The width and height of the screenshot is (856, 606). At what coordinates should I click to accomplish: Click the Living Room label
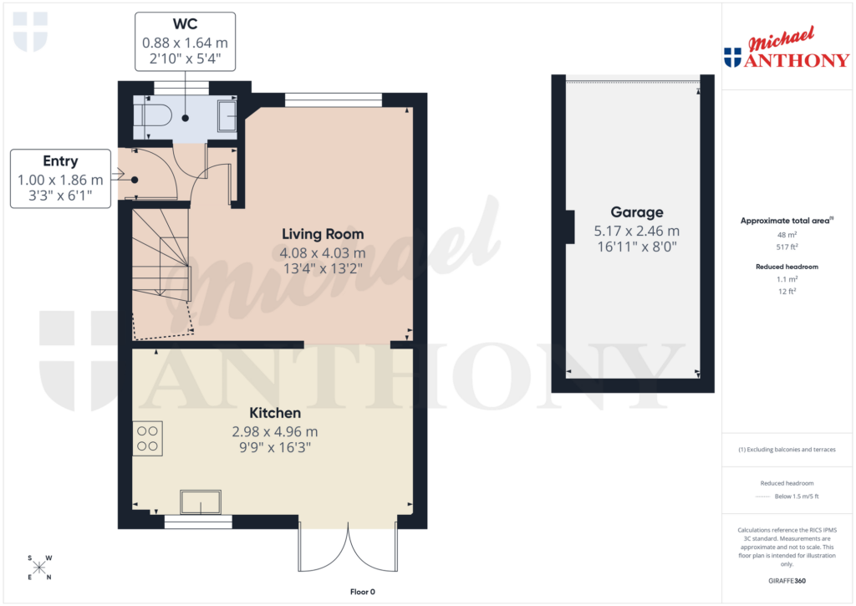[x=323, y=234]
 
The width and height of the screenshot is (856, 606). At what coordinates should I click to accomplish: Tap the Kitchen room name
[x=275, y=413]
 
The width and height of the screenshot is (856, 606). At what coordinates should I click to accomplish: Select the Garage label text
[x=636, y=212]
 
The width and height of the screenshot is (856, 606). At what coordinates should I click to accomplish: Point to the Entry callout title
[x=60, y=161]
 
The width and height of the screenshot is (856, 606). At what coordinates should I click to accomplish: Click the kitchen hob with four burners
[x=147, y=439]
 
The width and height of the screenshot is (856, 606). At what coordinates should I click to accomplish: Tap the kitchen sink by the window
[x=201, y=502]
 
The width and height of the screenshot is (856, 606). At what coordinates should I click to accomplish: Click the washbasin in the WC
[x=227, y=115]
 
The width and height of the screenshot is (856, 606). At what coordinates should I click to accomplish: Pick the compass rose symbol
[x=40, y=568]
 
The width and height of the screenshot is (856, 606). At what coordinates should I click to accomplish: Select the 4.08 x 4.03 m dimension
[x=323, y=252]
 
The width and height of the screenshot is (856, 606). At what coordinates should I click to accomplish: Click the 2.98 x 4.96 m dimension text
[x=275, y=431]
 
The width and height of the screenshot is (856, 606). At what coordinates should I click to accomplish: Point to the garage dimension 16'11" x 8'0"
[x=636, y=247]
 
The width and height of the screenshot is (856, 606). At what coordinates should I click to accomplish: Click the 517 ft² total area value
[x=787, y=247]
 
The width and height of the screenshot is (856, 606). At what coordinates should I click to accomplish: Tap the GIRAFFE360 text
[x=787, y=581]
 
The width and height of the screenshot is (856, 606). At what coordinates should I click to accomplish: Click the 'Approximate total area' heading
[x=785, y=221]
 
